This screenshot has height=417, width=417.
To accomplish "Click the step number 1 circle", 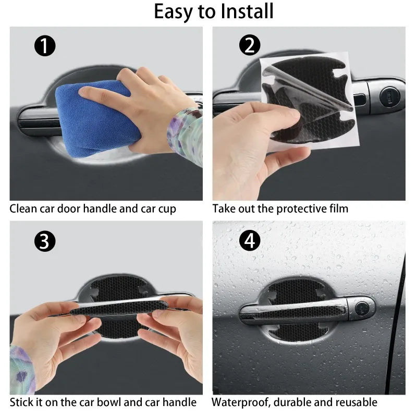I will coord(45,47).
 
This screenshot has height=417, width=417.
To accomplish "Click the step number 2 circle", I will coord(250,46).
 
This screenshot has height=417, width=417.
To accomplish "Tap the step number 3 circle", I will coord(45,241).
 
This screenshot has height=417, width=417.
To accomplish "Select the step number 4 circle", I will coord(250,241).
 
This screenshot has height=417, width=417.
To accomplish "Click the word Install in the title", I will coord(243,11).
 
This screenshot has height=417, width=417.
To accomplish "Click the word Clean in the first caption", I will coord(23,209).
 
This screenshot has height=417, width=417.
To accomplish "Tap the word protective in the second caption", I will coord(298,209).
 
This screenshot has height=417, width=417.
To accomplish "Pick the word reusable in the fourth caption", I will coord(357,402).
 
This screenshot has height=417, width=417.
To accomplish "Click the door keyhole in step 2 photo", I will coord(388,95).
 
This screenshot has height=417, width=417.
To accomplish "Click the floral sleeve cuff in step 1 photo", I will coord(185,133).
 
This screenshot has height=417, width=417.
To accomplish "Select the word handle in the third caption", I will coord(180,402).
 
